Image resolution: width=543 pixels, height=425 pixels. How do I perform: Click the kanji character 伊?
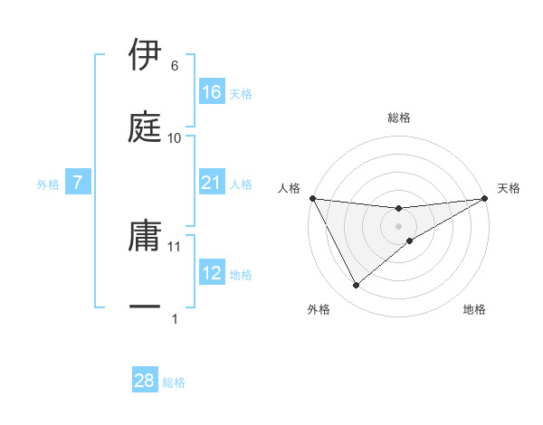pyautogui.click(x=145, y=54)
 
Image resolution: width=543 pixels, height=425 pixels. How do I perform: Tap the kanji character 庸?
pyautogui.click(x=145, y=234)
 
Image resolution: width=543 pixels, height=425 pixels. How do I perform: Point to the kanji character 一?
pyautogui.click(x=145, y=307)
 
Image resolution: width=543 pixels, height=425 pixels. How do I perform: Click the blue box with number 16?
pyautogui.click(x=212, y=91)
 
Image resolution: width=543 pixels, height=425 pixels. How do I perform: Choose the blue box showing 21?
pyautogui.click(x=212, y=183)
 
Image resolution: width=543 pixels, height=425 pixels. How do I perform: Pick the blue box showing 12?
pyautogui.click(x=212, y=272)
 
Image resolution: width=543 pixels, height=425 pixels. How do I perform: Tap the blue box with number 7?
pyautogui.click(x=78, y=183)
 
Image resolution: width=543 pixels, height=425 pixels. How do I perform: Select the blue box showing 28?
pyautogui.click(x=145, y=381)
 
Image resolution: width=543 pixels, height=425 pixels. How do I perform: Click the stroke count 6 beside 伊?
pyautogui.click(x=174, y=66)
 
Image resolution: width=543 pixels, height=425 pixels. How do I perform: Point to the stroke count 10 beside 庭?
pyautogui.click(x=175, y=137)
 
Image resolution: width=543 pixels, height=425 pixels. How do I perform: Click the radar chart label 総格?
pyautogui.click(x=399, y=118)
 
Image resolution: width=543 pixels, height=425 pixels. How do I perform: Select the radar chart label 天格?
pyautogui.click(x=509, y=188)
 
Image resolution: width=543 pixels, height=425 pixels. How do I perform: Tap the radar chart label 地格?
pyautogui.click(x=474, y=309)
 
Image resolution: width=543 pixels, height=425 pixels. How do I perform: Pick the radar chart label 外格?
pyautogui.click(x=319, y=309)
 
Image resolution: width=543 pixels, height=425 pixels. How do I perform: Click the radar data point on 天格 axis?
pyautogui.click(x=485, y=198)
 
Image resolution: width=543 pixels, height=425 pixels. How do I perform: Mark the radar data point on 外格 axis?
pyautogui.click(x=356, y=286)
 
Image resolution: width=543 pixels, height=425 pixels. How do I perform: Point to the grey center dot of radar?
pyautogui.click(x=399, y=226)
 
